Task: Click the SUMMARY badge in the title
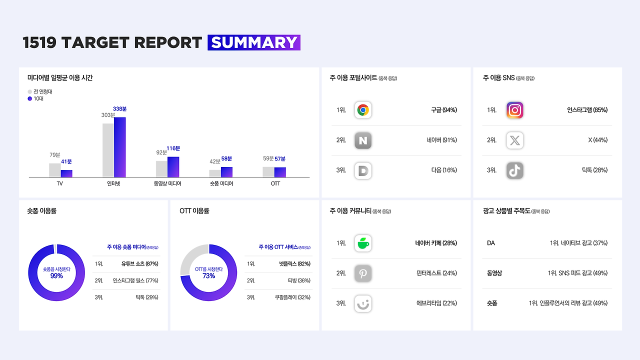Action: tap(253, 42)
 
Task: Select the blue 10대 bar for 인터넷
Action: tap(119, 147)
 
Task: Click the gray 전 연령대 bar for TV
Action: tap(55, 170)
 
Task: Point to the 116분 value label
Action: tap(173, 148)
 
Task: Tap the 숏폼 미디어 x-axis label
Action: tap(221, 183)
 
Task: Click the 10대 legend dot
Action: tap(29, 98)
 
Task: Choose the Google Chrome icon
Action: tap(363, 110)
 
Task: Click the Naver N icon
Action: tap(363, 140)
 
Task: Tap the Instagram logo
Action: tap(514, 110)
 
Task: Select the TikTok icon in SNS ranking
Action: tap(514, 170)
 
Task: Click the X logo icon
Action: tap(514, 140)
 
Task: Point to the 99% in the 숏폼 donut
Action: tap(56, 275)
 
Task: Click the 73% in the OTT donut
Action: tap(208, 275)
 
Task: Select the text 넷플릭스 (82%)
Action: tap(294, 263)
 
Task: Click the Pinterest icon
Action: tap(363, 273)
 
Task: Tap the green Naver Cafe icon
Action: tap(363, 243)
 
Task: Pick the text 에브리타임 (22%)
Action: tap(436, 303)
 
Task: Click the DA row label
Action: tap(491, 243)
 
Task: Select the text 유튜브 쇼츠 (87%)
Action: tap(139, 263)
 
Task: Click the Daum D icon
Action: tap(363, 170)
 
